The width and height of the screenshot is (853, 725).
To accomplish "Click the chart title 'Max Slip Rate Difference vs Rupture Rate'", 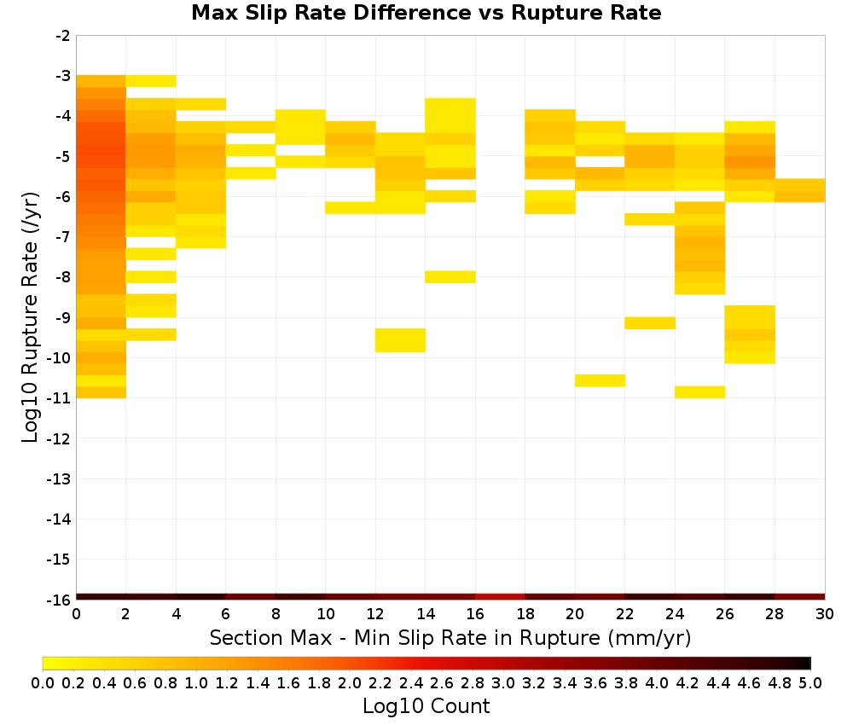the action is coord(426,13).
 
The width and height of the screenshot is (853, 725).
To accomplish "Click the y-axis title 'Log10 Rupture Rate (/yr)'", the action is coord(30,317).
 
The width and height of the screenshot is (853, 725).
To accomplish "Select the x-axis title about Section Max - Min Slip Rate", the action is coord(450,637).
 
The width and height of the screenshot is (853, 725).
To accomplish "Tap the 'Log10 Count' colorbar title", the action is coord(426,706).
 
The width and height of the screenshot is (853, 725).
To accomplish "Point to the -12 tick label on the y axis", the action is coord(60,438).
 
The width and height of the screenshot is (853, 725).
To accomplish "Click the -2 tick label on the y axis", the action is coord(62,36).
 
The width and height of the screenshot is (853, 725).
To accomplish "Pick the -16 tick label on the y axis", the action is coord(60,600).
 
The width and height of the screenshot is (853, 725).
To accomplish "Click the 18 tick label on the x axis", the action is coord(525,614).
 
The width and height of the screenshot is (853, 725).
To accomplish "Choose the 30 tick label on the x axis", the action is coord(825,614).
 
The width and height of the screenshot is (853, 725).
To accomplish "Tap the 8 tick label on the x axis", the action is coord(276,614).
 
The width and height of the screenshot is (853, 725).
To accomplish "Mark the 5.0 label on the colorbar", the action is coord(810,682).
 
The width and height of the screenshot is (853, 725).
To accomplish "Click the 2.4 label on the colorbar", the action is coord(411,682).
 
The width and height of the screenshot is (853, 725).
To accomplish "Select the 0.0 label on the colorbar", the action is coord(43,682).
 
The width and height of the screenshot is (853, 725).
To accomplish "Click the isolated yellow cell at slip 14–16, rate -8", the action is coord(450,277).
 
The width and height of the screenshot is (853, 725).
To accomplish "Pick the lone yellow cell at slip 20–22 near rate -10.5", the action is coord(600,380).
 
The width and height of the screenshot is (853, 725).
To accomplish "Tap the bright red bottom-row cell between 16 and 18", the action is coord(500,597).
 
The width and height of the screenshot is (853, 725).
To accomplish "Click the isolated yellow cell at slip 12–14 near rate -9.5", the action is coord(400,340).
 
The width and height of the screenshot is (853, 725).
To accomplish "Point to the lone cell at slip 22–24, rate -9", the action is coord(650,323).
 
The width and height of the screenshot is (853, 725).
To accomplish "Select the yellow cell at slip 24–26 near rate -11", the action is coord(700,392).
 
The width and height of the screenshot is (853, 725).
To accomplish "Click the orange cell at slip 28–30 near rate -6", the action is coord(800,190).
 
